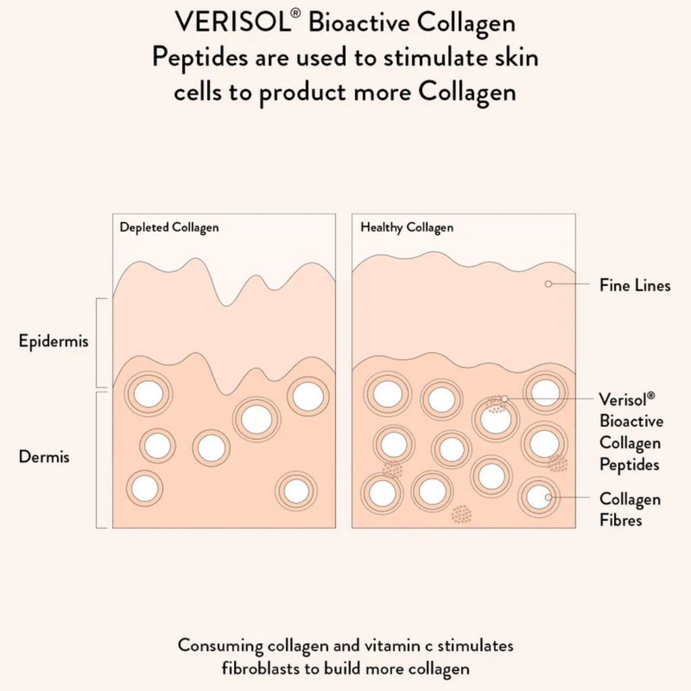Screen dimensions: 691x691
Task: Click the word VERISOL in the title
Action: point(232,23)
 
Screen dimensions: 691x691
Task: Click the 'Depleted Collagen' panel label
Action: point(169,227)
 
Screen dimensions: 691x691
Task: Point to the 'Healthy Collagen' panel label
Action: point(406,227)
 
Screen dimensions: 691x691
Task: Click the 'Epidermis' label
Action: point(53,341)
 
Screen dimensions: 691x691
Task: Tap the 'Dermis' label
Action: point(44,457)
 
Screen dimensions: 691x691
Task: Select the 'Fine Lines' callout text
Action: point(635,285)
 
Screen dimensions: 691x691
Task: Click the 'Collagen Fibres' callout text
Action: point(630,509)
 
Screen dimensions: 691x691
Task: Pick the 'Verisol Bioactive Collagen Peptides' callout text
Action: point(632,432)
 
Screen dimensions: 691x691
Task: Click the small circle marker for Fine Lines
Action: point(548,284)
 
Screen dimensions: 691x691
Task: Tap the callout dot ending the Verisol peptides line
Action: point(504,399)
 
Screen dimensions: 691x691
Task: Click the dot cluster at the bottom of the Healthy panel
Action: point(462,514)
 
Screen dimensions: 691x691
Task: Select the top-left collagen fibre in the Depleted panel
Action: point(148,393)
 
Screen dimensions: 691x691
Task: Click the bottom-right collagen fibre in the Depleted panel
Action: point(296,491)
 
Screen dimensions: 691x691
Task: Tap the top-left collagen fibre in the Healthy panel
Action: point(387,394)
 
